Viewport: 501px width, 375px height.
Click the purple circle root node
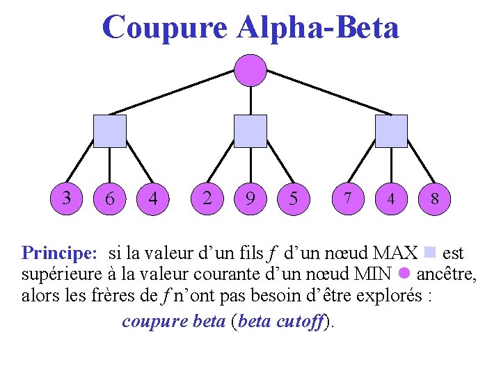click(250, 70)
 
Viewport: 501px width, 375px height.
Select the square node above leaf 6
click(110, 131)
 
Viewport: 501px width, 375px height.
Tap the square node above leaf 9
click(250, 131)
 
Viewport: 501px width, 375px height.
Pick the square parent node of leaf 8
click(391, 131)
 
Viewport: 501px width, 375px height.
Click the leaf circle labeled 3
click(67, 198)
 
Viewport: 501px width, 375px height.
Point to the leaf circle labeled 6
click(110, 199)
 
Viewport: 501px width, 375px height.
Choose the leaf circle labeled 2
click(207, 198)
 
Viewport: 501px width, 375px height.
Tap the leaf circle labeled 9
click(250, 199)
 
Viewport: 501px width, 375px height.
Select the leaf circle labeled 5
click(294, 199)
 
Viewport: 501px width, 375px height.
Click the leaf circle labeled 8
click(434, 199)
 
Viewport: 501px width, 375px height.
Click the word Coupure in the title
click(164, 28)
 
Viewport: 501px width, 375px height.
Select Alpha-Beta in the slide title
click(318, 28)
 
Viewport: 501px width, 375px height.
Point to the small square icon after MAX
click(429, 251)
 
